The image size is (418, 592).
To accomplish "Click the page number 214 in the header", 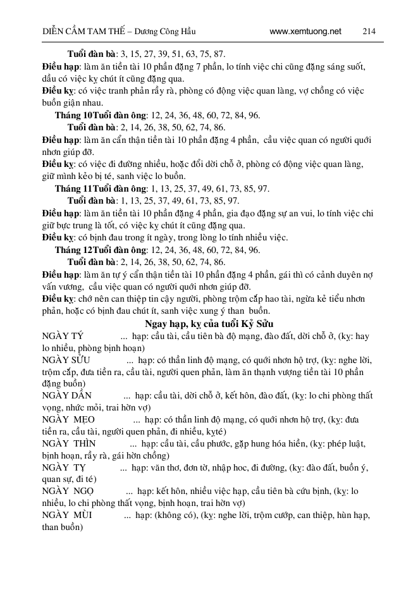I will (369, 31).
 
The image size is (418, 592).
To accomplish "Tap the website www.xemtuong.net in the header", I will (305, 31).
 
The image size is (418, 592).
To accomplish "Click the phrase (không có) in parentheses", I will (173, 515).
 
